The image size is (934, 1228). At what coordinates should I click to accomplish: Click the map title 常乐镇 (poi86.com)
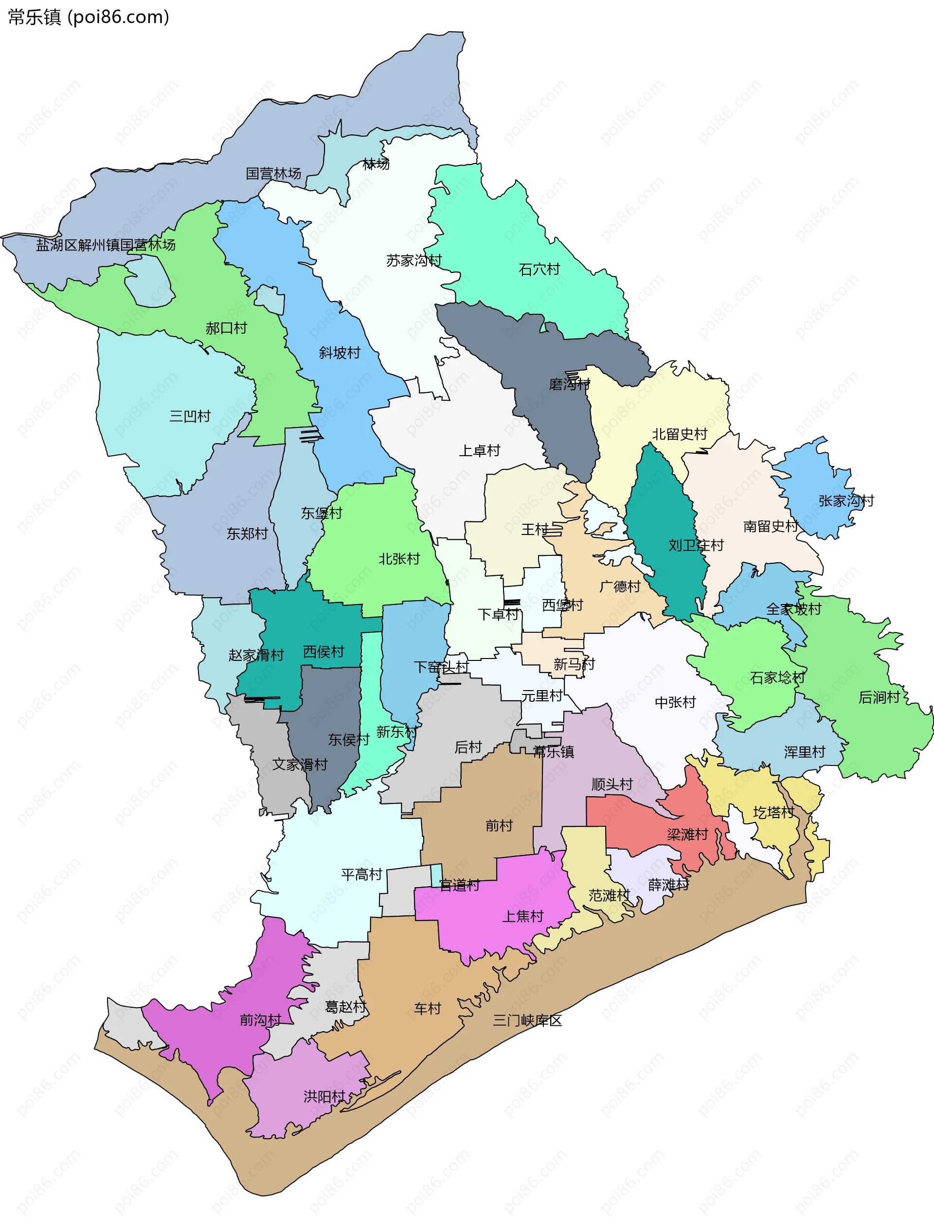click(x=89, y=17)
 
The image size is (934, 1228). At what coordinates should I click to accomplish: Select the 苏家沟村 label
click(x=413, y=261)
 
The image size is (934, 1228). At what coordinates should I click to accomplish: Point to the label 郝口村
click(x=226, y=328)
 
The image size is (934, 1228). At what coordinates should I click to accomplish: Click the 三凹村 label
click(x=190, y=416)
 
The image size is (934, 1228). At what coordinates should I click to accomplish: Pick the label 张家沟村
click(x=845, y=501)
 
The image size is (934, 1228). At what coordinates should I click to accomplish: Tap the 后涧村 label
click(x=879, y=697)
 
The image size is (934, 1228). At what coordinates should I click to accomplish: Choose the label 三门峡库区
click(x=527, y=1021)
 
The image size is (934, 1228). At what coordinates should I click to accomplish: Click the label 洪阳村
click(x=324, y=1096)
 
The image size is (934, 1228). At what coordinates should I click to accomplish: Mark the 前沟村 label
click(x=260, y=1020)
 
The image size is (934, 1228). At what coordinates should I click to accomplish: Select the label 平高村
click(x=361, y=874)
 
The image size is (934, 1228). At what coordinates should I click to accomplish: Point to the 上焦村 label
click(x=522, y=916)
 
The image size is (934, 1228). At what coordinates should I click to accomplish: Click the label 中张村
click(x=675, y=703)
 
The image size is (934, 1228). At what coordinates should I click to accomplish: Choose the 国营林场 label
click(x=273, y=174)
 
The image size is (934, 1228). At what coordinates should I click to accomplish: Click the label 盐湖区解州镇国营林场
click(x=106, y=245)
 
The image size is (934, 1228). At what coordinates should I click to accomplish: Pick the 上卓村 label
click(x=479, y=451)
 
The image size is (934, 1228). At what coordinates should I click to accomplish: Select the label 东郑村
click(x=247, y=534)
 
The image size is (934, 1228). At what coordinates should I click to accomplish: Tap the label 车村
click(x=427, y=1009)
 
